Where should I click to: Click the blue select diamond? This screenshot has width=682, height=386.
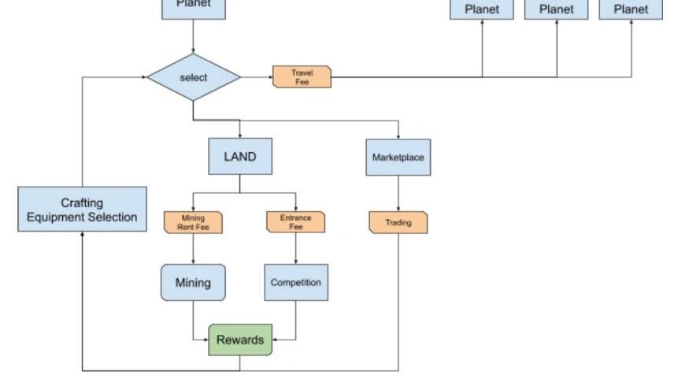193,77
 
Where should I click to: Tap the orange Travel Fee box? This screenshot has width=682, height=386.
302,77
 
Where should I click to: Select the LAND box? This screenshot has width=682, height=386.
240,157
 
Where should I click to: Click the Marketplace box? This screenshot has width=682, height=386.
398,158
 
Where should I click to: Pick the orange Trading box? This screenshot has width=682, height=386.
398,223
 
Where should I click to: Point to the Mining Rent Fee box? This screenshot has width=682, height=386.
193,223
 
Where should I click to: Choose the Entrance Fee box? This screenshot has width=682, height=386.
296,222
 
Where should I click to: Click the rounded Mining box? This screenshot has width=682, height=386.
193,282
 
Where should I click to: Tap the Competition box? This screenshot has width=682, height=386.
296,282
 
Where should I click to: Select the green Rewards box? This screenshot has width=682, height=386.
240,340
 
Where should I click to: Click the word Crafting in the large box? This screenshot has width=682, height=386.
82,202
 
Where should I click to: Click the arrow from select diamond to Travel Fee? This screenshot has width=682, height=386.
257,77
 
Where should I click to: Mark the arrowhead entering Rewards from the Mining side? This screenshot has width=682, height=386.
206,340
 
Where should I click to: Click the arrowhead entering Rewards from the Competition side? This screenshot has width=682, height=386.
276,340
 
